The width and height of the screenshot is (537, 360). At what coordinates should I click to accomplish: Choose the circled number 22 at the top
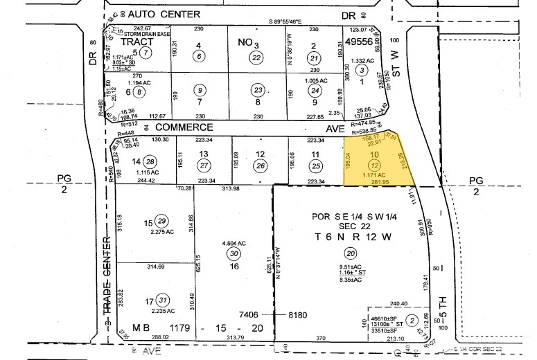257,57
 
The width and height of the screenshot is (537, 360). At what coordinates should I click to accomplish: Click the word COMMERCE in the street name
184,127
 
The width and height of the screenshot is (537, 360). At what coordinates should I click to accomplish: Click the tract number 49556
360,42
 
